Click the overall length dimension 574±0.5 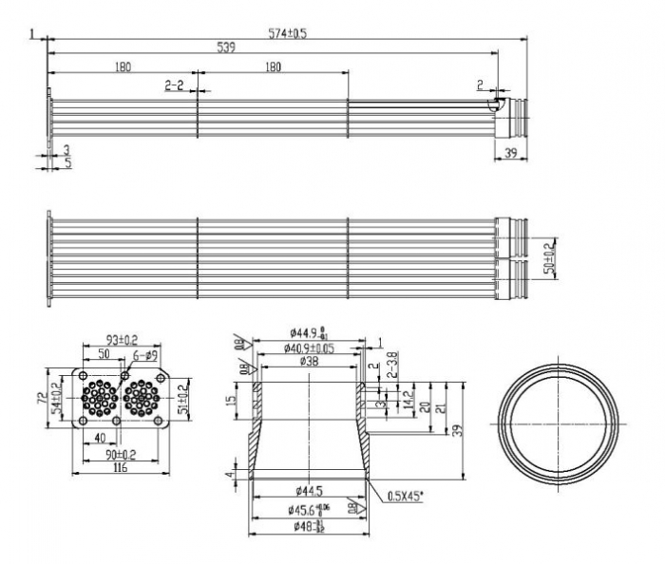[x=287, y=33]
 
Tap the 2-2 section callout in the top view [x=174, y=85]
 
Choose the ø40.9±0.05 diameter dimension [x=308, y=348]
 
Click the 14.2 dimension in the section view [x=407, y=399]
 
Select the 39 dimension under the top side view [x=511, y=154]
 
